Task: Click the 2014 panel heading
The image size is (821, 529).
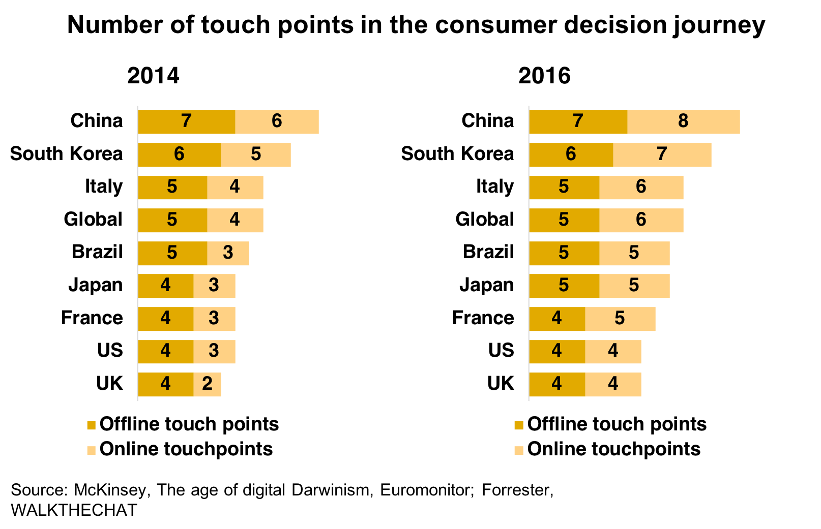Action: (153, 76)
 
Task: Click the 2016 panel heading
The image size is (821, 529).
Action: (544, 76)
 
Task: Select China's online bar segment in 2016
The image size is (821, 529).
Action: (683, 121)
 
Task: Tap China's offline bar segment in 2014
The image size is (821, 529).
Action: (186, 121)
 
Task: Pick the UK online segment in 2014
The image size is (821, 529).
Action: (207, 384)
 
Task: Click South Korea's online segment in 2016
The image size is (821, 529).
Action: (662, 154)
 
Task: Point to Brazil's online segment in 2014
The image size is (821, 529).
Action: (228, 253)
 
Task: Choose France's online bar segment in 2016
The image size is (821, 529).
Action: (620, 319)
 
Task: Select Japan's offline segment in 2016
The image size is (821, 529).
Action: (564, 286)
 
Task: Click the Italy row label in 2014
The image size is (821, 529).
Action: (104, 186)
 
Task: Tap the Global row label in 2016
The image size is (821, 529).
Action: (484, 220)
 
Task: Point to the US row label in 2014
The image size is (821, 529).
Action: (110, 351)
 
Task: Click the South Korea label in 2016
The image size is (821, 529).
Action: (457, 154)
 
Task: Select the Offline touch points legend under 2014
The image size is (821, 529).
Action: (189, 424)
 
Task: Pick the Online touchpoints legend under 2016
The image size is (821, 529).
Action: (613, 449)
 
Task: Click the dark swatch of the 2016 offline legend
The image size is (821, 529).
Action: (519, 425)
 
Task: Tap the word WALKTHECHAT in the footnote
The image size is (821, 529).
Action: (74, 510)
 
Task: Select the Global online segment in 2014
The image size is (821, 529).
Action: (234, 220)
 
